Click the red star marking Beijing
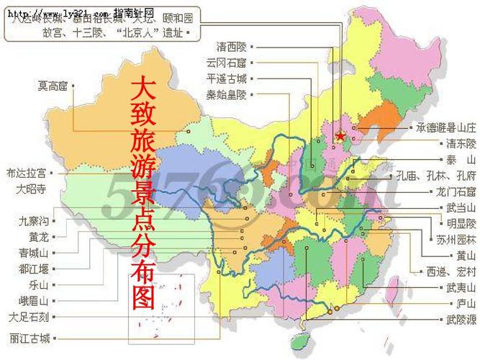[x=340, y=134]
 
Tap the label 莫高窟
[x=53, y=86]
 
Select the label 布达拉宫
[x=26, y=174]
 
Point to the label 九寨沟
[x=35, y=222]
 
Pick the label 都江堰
[x=34, y=269]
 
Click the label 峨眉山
[x=34, y=300]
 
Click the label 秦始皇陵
[x=226, y=94]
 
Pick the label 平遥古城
[x=226, y=78]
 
